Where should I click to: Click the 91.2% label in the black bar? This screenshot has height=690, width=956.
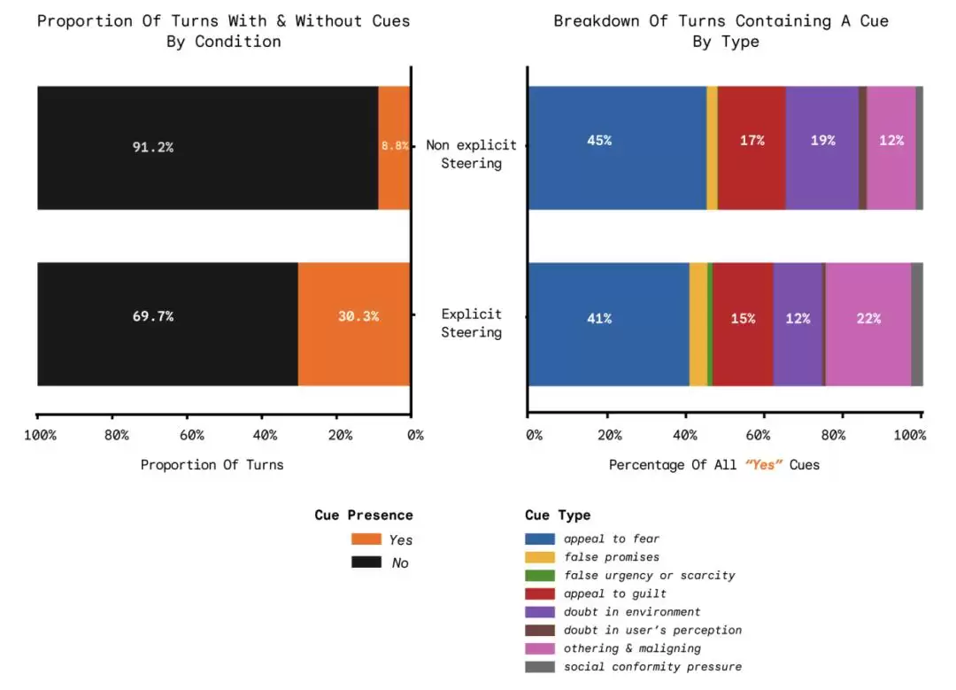[153, 147]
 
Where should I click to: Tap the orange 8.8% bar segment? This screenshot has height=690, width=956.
[394, 147]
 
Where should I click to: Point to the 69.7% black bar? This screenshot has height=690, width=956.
[166, 324]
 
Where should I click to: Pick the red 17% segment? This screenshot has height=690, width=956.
[752, 147]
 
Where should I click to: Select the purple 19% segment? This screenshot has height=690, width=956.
[821, 147]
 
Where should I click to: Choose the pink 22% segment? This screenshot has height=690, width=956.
[867, 324]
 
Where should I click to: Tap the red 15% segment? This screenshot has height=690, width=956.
[743, 324]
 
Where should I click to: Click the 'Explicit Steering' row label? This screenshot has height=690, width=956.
[472, 323]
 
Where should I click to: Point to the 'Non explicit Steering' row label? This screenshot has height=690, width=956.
[471, 154]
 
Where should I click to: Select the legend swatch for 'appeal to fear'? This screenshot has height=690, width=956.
[540, 539]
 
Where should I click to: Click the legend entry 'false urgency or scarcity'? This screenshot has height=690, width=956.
[649, 575]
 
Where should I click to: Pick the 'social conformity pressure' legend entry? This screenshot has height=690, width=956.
[652, 666]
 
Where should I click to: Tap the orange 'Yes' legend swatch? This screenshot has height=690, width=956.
[366, 539]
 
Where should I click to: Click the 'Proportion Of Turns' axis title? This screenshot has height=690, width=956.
[212, 464]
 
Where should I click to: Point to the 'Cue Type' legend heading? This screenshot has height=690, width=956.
[558, 516]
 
